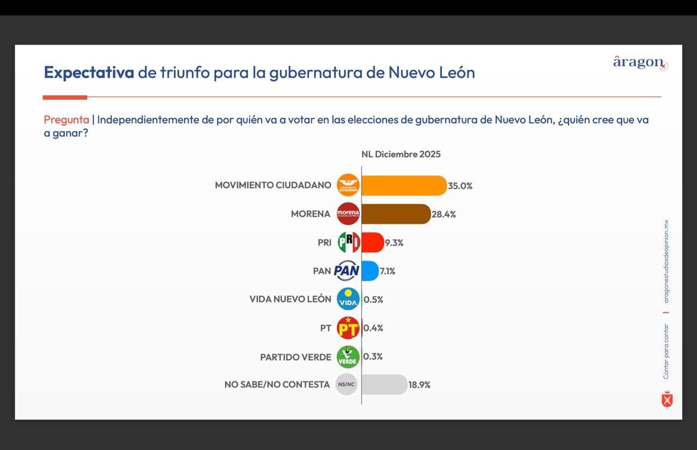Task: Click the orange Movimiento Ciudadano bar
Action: tap(403, 186)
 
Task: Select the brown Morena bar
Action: tap(395, 214)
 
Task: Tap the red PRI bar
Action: tap(372, 243)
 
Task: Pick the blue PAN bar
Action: tap(370, 270)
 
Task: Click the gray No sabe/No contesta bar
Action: tap(384, 384)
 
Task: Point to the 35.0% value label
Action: tap(460, 186)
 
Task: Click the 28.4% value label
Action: tap(444, 214)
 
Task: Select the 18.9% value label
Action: tap(419, 385)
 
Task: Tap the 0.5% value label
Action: tap(373, 299)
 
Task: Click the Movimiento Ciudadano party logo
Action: tap(348, 185)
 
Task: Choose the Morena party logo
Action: tap(348, 214)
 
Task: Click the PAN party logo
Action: tap(347, 270)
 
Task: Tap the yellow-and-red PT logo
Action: tap(348, 328)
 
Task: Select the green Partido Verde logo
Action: tap(348, 357)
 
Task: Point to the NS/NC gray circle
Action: tap(346, 385)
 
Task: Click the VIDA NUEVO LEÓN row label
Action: tap(290, 299)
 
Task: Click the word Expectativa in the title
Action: tap(89, 72)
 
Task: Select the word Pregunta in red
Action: tap(66, 120)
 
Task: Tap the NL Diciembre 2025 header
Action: tap(401, 154)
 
